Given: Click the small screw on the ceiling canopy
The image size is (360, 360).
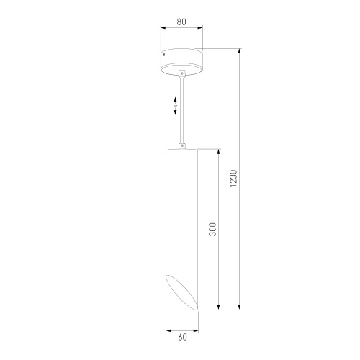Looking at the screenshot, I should point(166,54).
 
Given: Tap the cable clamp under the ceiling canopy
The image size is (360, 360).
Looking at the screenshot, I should point(182,74).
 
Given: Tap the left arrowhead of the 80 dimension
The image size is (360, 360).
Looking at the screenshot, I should point(162,30).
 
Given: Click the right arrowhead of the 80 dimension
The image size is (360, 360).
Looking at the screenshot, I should point(202,30).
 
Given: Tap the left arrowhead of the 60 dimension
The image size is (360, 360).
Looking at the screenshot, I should point(168,332).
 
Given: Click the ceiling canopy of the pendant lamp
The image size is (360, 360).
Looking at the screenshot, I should point(182,60).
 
